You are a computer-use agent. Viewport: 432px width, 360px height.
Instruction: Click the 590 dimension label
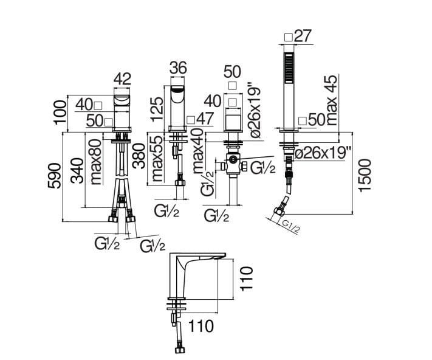(54, 176)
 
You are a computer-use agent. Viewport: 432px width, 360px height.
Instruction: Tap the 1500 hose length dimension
(365, 175)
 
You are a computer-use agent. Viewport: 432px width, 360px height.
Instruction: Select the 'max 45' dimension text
(332, 100)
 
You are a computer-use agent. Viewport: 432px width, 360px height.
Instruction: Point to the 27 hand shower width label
(303, 35)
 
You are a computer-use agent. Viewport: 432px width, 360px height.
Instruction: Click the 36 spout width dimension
(178, 68)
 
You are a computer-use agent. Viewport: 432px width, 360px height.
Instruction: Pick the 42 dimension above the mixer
(122, 79)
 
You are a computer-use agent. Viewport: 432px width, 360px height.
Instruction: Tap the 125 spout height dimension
(157, 109)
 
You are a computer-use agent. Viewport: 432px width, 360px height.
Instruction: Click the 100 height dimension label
(60, 112)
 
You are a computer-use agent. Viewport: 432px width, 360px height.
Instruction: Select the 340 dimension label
(77, 171)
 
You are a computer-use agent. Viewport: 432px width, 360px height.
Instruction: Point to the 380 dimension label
(139, 156)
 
